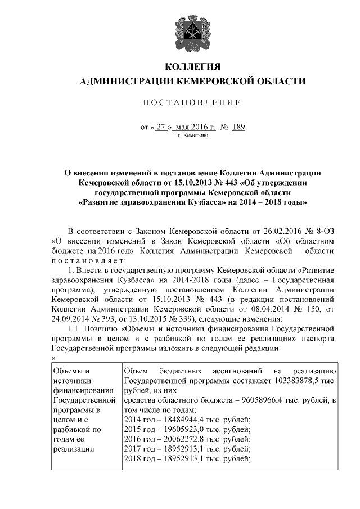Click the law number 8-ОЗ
pyautogui.click(x=323, y=231)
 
